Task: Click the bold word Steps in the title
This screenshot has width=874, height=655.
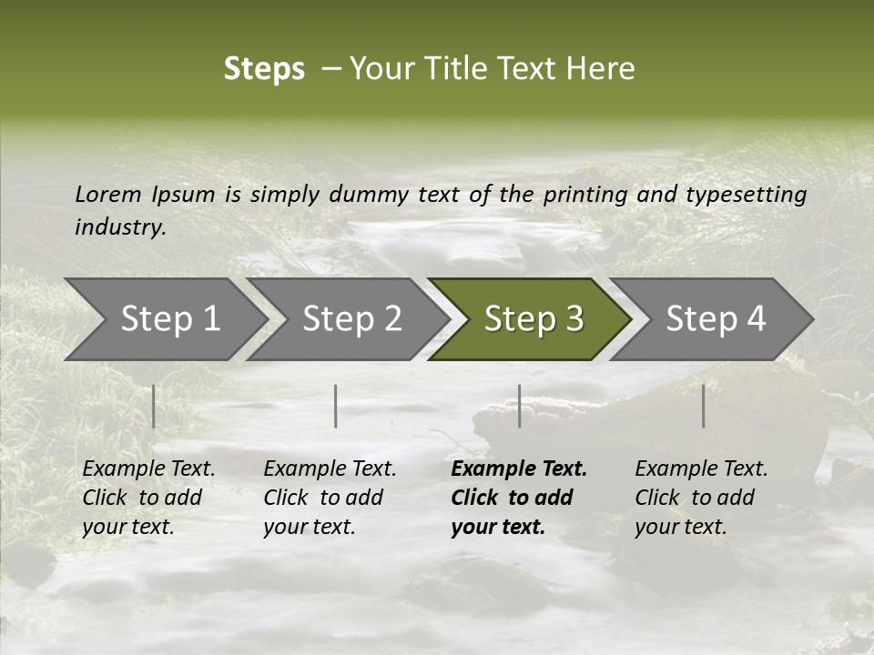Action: pyautogui.click(x=264, y=69)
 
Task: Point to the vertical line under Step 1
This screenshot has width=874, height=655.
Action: pyautogui.click(x=154, y=406)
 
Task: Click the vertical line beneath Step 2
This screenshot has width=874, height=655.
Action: pyautogui.click(x=336, y=406)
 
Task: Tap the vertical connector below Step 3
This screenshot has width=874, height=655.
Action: pyautogui.click(x=520, y=406)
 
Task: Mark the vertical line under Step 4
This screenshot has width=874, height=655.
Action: pyautogui.click(x=704, y=406)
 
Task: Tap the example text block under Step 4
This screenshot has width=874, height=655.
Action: pyautogui.click(x=701, y=498)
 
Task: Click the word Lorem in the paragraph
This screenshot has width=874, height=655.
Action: pyautogui.click(x=108, y=195)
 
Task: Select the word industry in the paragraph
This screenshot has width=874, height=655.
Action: pyautogui.click(x=120, y=227)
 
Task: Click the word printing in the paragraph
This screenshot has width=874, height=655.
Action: pyautogui.click(x=585, y=195)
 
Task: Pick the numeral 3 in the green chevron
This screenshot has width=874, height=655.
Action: pyautogui.click(x=573, y=319)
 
